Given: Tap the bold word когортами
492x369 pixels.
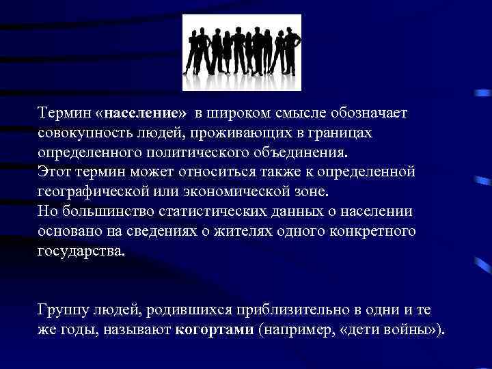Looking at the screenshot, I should [217, 331].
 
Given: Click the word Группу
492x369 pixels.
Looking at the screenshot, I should [62, 312].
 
